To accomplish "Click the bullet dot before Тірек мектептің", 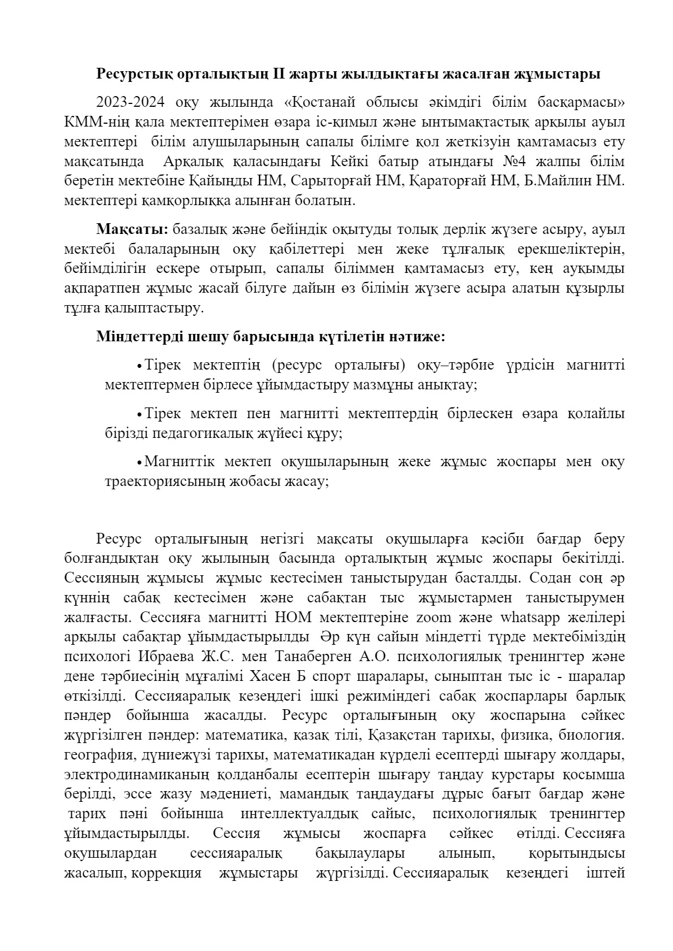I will coord(139,366).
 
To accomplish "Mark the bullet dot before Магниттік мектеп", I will coord(139,463).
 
